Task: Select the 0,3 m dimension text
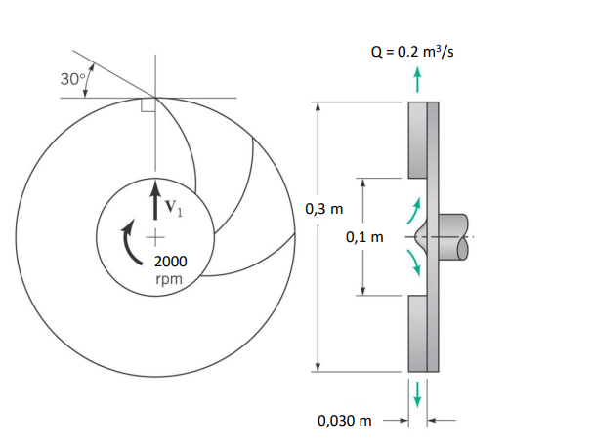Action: [x=325, y=208]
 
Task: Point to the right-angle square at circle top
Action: [x=148, y=104]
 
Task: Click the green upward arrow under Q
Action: [x=418, y=80]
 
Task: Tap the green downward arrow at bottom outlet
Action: [x=418, y=392]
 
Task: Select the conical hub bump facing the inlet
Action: [x=423, y=236]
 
